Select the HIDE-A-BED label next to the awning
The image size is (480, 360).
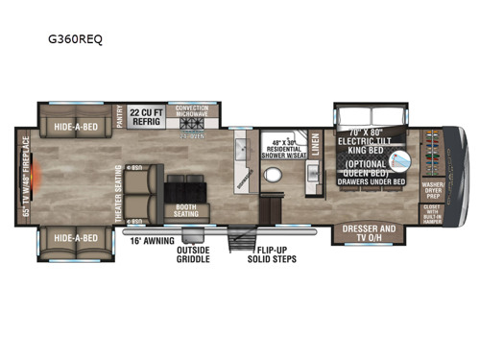77,236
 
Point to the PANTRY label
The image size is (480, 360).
120,117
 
